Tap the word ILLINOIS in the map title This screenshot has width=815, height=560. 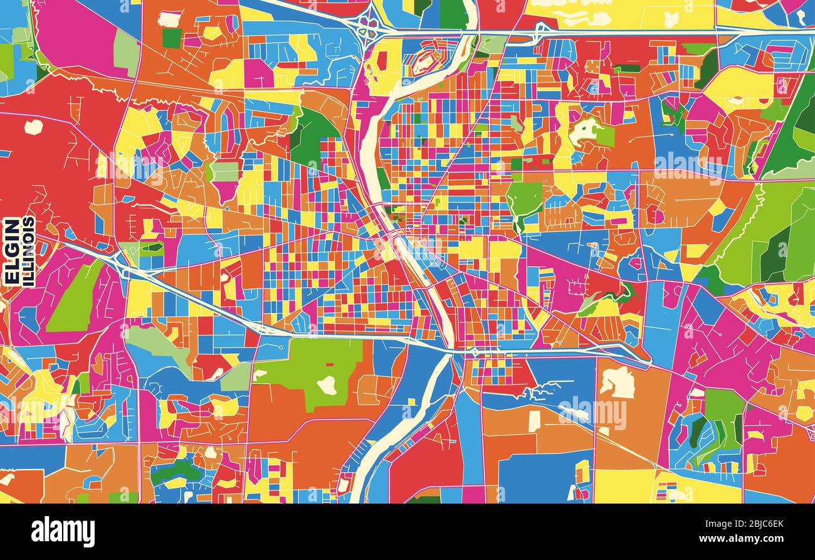click(x=28, y=251)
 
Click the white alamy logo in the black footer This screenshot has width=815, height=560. click(x=63, y=532)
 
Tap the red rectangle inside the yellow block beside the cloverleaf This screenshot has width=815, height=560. click(x=381, y=61)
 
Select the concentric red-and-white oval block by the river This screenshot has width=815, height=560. click(x=426, y=61)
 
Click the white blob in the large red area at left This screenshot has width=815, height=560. click(x=33, y=127)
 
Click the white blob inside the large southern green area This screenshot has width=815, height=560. click(x=327, y=384)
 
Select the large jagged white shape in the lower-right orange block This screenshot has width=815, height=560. click(x=618, y=383)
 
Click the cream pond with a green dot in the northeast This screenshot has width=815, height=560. click(x=583, y=130)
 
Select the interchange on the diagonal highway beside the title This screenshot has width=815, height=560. click(x=119, y=262)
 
